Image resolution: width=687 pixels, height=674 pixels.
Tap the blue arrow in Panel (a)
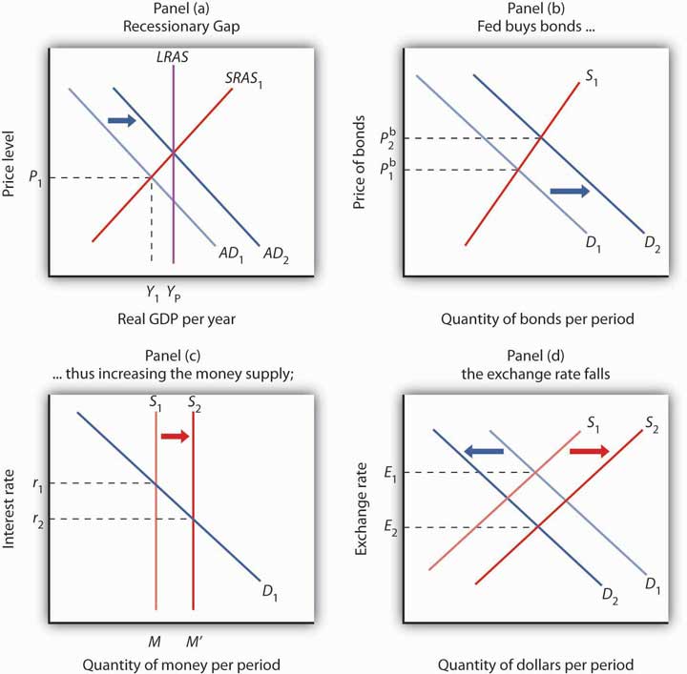click(x=122, y=120)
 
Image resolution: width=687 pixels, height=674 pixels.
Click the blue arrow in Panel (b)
click(x=570, y=192)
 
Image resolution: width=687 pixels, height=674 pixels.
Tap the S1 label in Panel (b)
click(x=593, y=72)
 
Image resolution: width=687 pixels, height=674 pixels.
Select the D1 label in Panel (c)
click(x=270, y=589)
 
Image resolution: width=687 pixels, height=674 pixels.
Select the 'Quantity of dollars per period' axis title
click(x=536, y=664)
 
